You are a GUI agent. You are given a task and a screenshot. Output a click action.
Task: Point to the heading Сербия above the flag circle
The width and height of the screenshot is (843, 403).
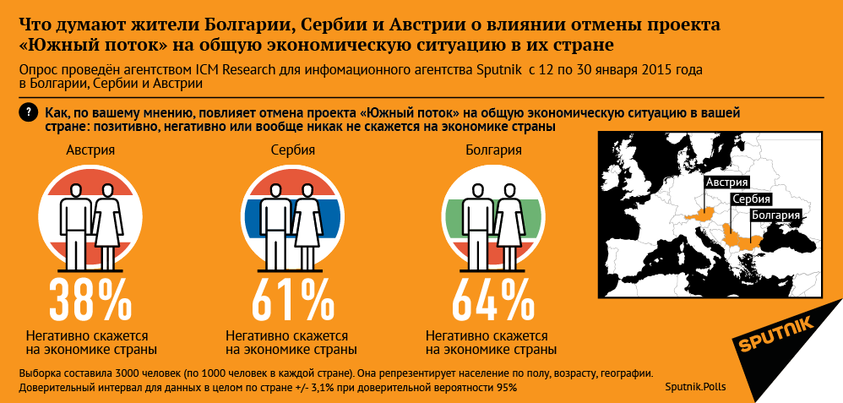(x=292, y=152)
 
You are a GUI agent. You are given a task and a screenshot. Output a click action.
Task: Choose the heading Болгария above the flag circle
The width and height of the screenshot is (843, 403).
(x=493, y=152)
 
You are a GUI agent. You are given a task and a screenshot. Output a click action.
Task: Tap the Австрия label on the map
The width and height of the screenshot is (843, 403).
(x=726, y=182)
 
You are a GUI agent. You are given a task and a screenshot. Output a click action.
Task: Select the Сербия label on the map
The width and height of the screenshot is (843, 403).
(x=751, y=199)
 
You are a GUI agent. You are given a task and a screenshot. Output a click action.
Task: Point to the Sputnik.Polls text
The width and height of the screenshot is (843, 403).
(x=695, y=387)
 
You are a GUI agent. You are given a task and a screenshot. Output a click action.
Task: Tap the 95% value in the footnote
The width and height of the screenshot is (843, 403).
(x=506, y=387)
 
